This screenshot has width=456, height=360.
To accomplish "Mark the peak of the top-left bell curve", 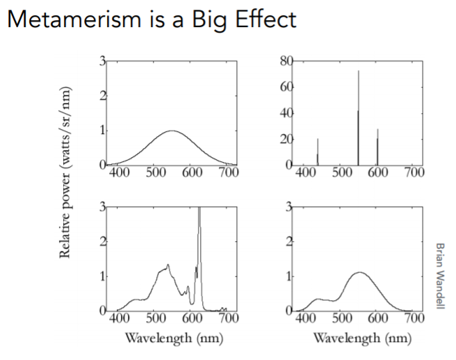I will point(172,131).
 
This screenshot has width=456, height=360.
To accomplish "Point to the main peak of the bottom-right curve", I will point(359,273).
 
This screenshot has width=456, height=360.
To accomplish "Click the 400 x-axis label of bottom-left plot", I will point(120,319).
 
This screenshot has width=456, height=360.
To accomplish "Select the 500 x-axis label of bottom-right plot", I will point(340,319).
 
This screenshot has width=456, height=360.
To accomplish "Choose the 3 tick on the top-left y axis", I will point(102,63).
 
